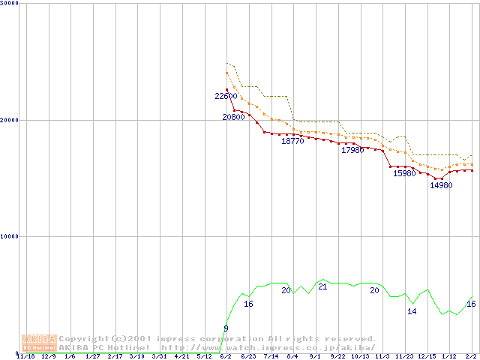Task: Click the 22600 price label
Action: tap(226, 96)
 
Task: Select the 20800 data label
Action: tap(233, 118)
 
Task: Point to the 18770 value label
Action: tap(292, 141)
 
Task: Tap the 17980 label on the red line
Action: tap(352, 151)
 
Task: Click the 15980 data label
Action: tap(404, 174)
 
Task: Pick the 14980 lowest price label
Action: tap(441, 186)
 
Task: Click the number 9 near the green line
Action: tap(226, 329)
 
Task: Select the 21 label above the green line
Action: tap(322, 287)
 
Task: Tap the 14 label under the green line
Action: tap(412, 311)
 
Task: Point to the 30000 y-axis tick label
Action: tap(10, 4)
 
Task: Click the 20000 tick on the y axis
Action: tap(10, 120)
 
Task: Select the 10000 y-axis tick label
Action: tap(10, 236)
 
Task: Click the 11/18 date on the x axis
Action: tap(25, 356)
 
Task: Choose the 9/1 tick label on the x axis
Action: tap(315, 356)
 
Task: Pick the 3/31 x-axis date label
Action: tap(158, 356)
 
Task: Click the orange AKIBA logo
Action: tap(39, 343)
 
